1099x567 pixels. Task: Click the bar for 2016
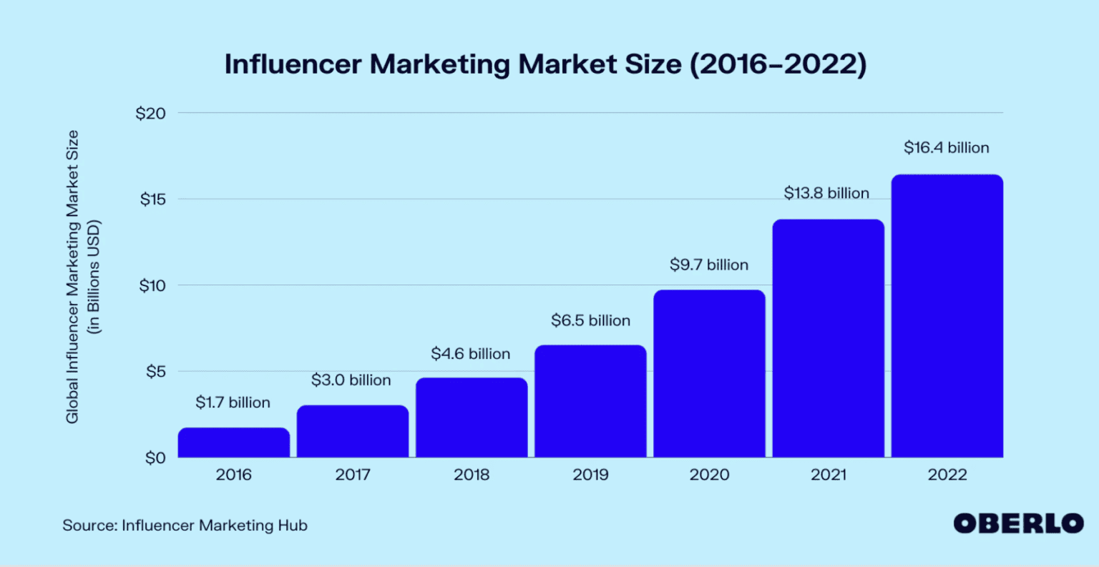coord(234,443)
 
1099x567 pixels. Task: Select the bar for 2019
coord(590,401)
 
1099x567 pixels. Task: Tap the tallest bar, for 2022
coord(947,316)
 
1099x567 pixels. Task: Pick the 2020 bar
coord(709,373)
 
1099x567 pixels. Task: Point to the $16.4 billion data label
coord(946,148)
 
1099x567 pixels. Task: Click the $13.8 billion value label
coord(826,193)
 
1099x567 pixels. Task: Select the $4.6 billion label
coord(470,354)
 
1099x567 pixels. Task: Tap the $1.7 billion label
coord(233,403)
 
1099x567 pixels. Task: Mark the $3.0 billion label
coord(351,380)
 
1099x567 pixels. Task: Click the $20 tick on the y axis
coord(150,114)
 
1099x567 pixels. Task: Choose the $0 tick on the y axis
coord(155,458)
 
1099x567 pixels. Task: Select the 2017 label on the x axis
coord(353,475)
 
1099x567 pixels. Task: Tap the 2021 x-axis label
coord(829,475)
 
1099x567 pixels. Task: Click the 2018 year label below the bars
coord(472,475)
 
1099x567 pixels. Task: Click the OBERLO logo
coord(1018,523)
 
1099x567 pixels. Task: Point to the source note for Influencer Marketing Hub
coord(185,526)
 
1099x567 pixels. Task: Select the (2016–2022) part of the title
coord(778,64)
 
